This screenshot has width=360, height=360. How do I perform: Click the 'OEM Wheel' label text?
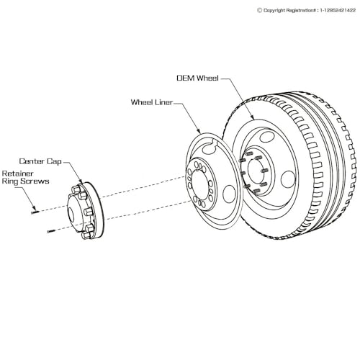tap(197, 78)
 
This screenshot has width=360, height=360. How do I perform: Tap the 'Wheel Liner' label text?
tap(152, 102)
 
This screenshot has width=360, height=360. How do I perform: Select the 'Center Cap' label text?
tap(40, 161)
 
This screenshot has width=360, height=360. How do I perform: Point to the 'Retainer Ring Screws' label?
tap(25, 177)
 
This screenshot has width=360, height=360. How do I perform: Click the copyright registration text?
tap(306, 10)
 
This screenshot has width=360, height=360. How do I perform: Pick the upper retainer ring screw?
tap(35, 212)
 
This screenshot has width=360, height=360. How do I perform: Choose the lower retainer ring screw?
tap(51, 231)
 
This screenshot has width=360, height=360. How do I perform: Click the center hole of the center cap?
tap(72, 213)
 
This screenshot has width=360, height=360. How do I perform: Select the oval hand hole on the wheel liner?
tap(229, 195)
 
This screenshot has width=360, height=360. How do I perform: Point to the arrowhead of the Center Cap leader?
tap(81, 181)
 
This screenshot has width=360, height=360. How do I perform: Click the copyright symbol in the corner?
tap(259, 10)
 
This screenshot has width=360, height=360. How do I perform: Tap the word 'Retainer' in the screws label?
tap(17, 174)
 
